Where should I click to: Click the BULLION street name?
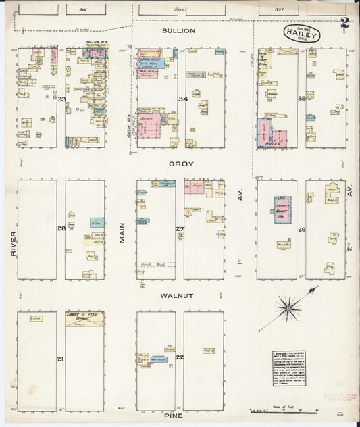(x=179, y=31)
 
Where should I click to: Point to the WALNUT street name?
(x=178, y=296)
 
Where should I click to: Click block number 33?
(x=61, y=99)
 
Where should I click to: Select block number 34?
(x=182, y=99)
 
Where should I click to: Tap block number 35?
(x=302, y=99)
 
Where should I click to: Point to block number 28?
(x=61, y=229)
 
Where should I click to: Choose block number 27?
(x=181, y=229)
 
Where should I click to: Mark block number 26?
(x=302, y=230)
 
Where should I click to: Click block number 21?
(x=61, y=359)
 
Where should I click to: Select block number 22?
(x=180, y=357)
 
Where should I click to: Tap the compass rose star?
(x=289, y=308)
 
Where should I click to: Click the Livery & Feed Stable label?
(x=84, y=316)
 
